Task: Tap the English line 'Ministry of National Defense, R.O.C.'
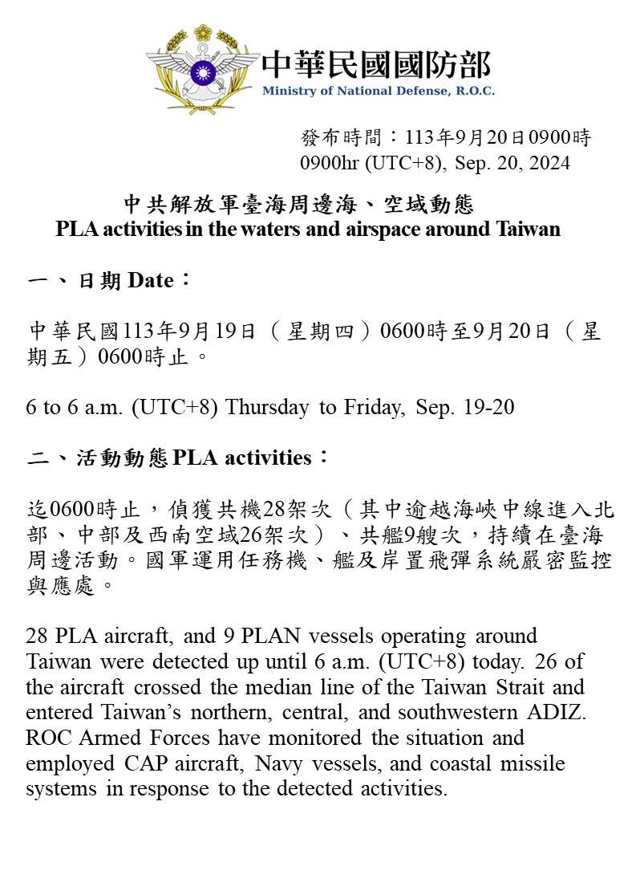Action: click(378, 91)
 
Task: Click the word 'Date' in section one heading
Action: click(151, 280)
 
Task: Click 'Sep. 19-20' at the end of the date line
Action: click(465, 407)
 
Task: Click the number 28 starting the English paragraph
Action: click(37, 636)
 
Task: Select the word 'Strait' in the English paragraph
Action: click(492, 687)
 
